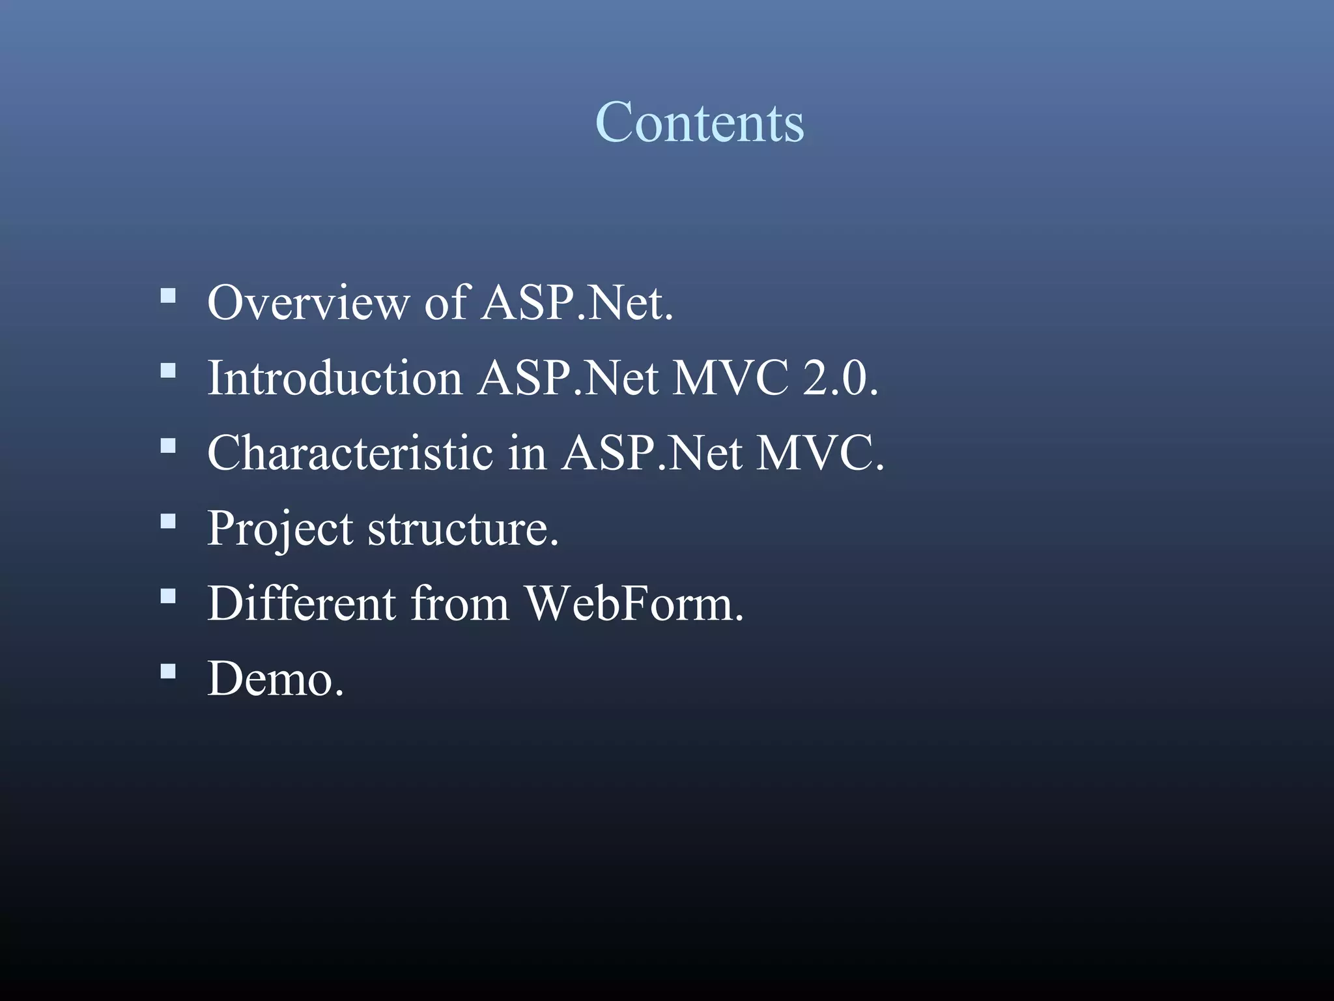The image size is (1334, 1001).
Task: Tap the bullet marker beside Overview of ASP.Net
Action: point(168,297)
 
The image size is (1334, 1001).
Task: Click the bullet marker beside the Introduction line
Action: point(168,371)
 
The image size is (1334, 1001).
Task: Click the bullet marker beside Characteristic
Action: point(168,446)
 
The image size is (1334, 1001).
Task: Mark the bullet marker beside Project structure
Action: point(168,521)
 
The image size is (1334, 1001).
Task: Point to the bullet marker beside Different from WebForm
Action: point(168,596)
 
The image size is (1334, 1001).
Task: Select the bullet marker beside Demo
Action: point(168,671)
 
